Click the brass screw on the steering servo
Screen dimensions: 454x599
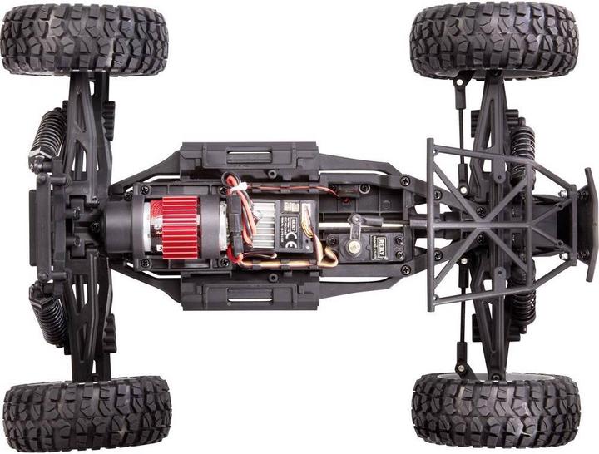pyautogui.click(x=353, y=244)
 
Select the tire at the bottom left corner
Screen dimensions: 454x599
pyautogui.click(x=87, y=413)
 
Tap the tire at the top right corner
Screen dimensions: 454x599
pyautogui.click(x=493, y=39)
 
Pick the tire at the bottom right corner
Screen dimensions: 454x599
pyautogui.click(x=496, y=410)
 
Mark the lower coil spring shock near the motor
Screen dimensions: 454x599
pyautogui.click(x=49, y=313)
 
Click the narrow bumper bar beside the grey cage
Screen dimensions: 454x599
pyautogui.click(x=589, y=225)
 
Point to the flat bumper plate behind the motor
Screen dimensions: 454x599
pyautogui.click(x=38, y=225)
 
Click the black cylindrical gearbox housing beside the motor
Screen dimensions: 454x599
pyautogui.click(x=126, y=225)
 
